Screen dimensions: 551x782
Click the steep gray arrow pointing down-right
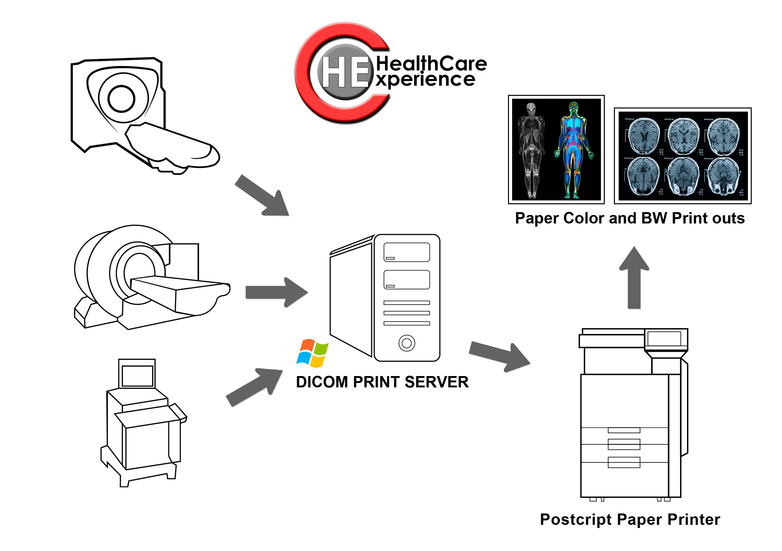pos(262,195)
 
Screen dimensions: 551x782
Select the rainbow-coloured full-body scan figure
pos(574,150)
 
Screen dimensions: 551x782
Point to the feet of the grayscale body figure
pos(531,195)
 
